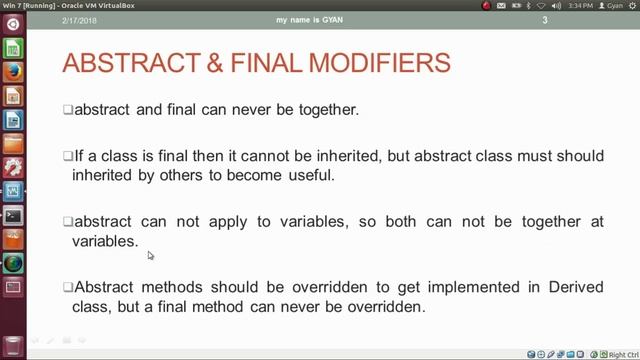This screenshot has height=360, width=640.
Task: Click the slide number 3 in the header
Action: [x=573, y=21]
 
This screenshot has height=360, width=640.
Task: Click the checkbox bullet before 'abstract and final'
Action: [x=68, y=110]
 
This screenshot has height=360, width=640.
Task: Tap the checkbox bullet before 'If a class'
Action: [x=68, y=157]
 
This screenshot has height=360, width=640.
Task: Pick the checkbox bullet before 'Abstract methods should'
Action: [x=68, y=288]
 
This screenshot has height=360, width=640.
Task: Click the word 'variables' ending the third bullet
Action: [x=103, y=241]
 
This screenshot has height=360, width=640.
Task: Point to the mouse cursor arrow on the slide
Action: [x=150, y=255]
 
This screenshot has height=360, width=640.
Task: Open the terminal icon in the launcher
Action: [x=13, y=215]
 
